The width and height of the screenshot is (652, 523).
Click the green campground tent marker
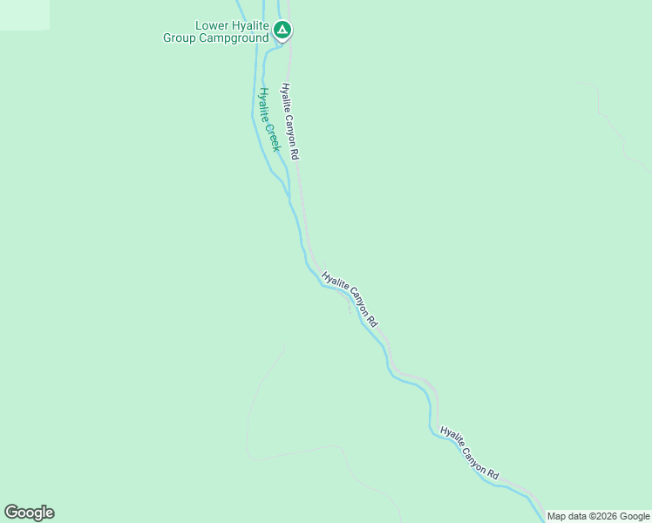282,31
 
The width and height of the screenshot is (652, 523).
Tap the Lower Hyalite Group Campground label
216,32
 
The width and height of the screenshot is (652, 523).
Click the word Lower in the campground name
211,26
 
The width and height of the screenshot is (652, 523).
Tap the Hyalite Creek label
268,119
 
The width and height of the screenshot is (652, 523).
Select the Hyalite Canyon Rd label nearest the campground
290,121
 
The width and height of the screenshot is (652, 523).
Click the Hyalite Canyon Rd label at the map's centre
350,300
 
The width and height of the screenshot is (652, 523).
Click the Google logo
29,513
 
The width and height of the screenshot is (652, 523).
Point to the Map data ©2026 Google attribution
598,516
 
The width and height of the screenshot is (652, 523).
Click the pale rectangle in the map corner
24,15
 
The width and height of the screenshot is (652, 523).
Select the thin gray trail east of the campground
610,122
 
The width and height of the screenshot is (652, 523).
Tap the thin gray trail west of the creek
253,401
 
